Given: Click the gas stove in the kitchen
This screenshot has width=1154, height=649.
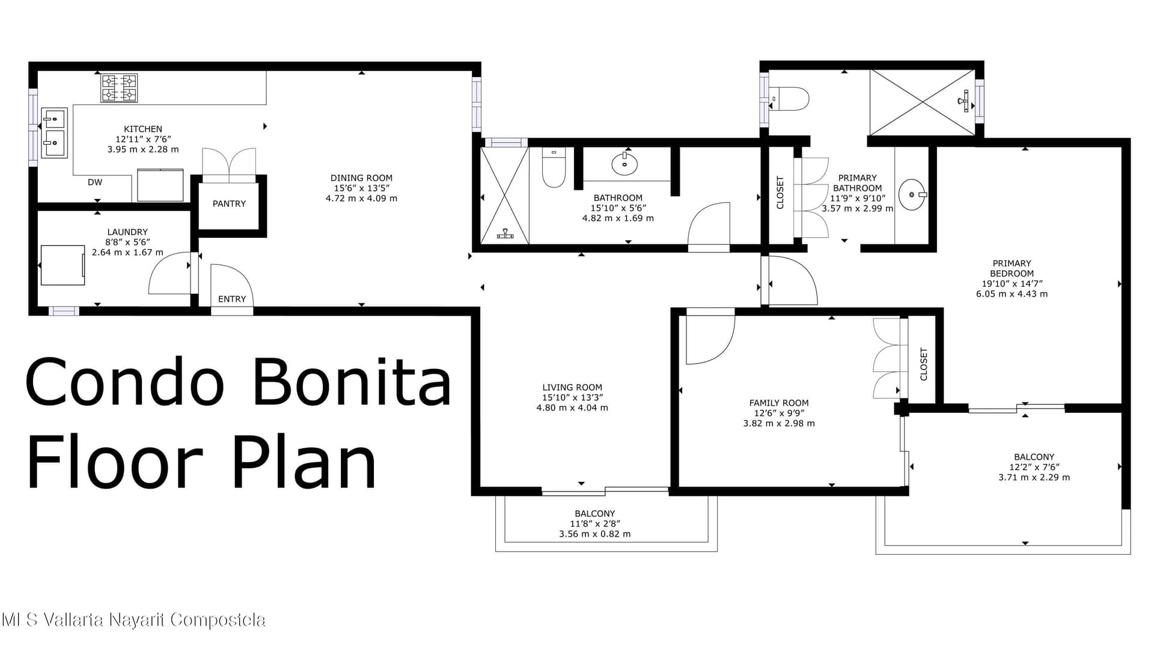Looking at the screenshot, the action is point(119,88).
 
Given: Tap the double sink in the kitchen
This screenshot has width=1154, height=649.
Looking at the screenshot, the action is point(54,133).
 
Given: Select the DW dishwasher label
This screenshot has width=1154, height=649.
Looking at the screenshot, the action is point(95,182).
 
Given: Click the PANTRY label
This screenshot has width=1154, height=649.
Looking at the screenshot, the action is point(229,204).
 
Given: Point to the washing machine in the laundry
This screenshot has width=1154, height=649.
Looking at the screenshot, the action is point(63,265).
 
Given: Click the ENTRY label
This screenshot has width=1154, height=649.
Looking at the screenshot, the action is point(232,299).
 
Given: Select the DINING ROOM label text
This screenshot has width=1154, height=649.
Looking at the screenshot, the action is point(361,178).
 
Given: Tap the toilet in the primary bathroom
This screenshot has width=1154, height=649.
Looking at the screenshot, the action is point(789,99).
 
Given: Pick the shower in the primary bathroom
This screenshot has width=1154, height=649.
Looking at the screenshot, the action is point(923,102).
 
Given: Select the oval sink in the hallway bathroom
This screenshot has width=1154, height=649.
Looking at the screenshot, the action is point(624,163).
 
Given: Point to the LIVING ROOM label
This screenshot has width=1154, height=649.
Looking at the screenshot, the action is point(572,388).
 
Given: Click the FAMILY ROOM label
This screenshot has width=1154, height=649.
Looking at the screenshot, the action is point(779,403).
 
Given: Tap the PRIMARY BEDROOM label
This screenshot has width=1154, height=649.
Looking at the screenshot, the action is point(1012,268).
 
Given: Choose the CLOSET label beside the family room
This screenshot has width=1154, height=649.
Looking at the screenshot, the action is point(924,364).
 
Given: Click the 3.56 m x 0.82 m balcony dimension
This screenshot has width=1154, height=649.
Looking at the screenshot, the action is point(595,534).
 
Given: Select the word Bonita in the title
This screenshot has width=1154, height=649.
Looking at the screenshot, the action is point(352,382).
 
